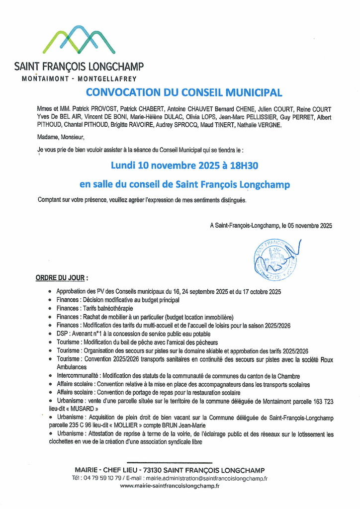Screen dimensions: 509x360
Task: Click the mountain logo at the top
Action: coord(79,40)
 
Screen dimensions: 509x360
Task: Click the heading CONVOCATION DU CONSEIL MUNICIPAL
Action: coord(184,92)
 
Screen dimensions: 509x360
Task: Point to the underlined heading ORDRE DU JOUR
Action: coord(61,277)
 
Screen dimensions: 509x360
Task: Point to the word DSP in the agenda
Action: coord(62,334)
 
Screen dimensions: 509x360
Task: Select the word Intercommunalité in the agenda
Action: coord(78,376)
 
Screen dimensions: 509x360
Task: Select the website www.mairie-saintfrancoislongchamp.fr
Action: coord(170,486)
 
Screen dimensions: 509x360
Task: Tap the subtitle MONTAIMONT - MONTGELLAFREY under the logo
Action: coord(80,79)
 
